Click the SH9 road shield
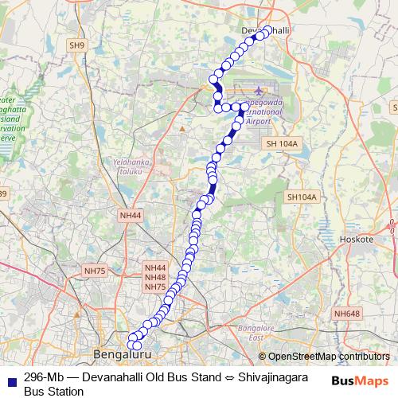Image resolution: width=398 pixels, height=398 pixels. pyautogui.click(x=76, y=45)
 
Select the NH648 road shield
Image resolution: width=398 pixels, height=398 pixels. pyautogui.click(x=347, y=314)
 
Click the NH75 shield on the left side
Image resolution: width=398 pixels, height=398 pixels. pyautogui.click(x=94, y=271)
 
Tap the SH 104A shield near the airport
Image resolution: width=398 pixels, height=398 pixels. pyautogui.click(x=282, y=143)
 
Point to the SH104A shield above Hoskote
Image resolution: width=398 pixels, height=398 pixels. pyautogui.click(x=302, y=197)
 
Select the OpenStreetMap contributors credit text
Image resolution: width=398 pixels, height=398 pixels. pyautogui.click(x=329, y=356)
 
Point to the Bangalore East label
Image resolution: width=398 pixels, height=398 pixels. pyautogui.click(x=255, y=333)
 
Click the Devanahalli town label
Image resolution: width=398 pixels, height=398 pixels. pyautogui.click(x=263, y=29)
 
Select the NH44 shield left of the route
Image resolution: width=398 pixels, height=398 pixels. pyautogui.click(x=130, y=215)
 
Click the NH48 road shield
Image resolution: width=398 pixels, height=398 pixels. pyautogui.click(x=155, y=278)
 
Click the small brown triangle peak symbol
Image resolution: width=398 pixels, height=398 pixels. pyautogui.click(x=181, y=127)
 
